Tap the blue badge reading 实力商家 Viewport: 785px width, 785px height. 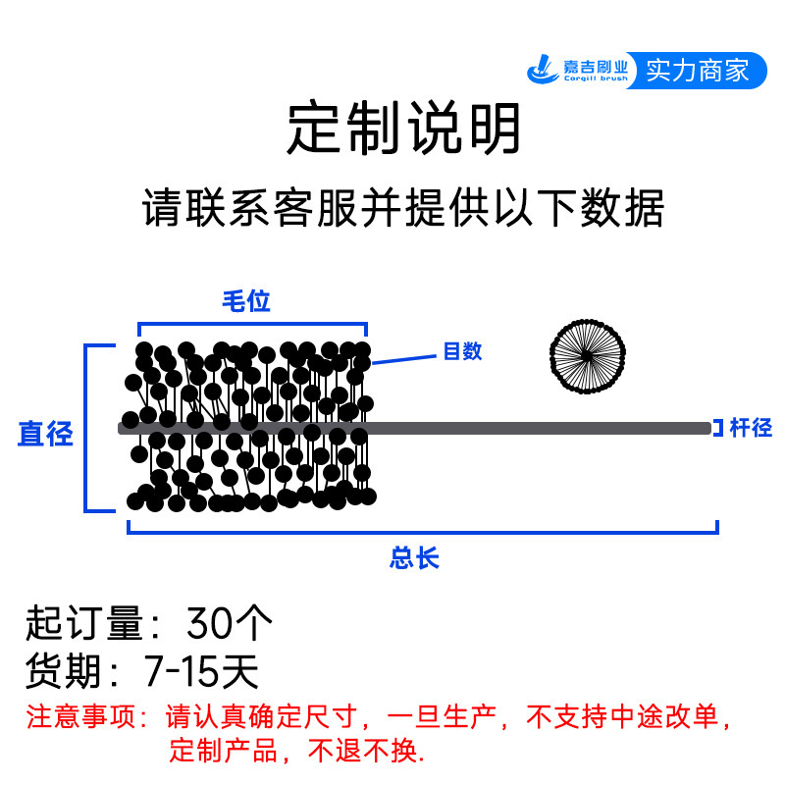coord(697,71)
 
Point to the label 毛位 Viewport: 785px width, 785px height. coord(245,301)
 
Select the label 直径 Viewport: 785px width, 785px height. coord(46,434)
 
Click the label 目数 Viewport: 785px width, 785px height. coord(462,351)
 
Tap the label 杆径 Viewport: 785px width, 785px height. coord(751,428)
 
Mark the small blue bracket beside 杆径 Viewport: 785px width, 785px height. coord(718,428)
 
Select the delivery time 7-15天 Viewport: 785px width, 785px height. coord(200,672)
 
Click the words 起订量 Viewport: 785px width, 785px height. coord(76,623)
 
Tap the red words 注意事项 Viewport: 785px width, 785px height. coord(78,716)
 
